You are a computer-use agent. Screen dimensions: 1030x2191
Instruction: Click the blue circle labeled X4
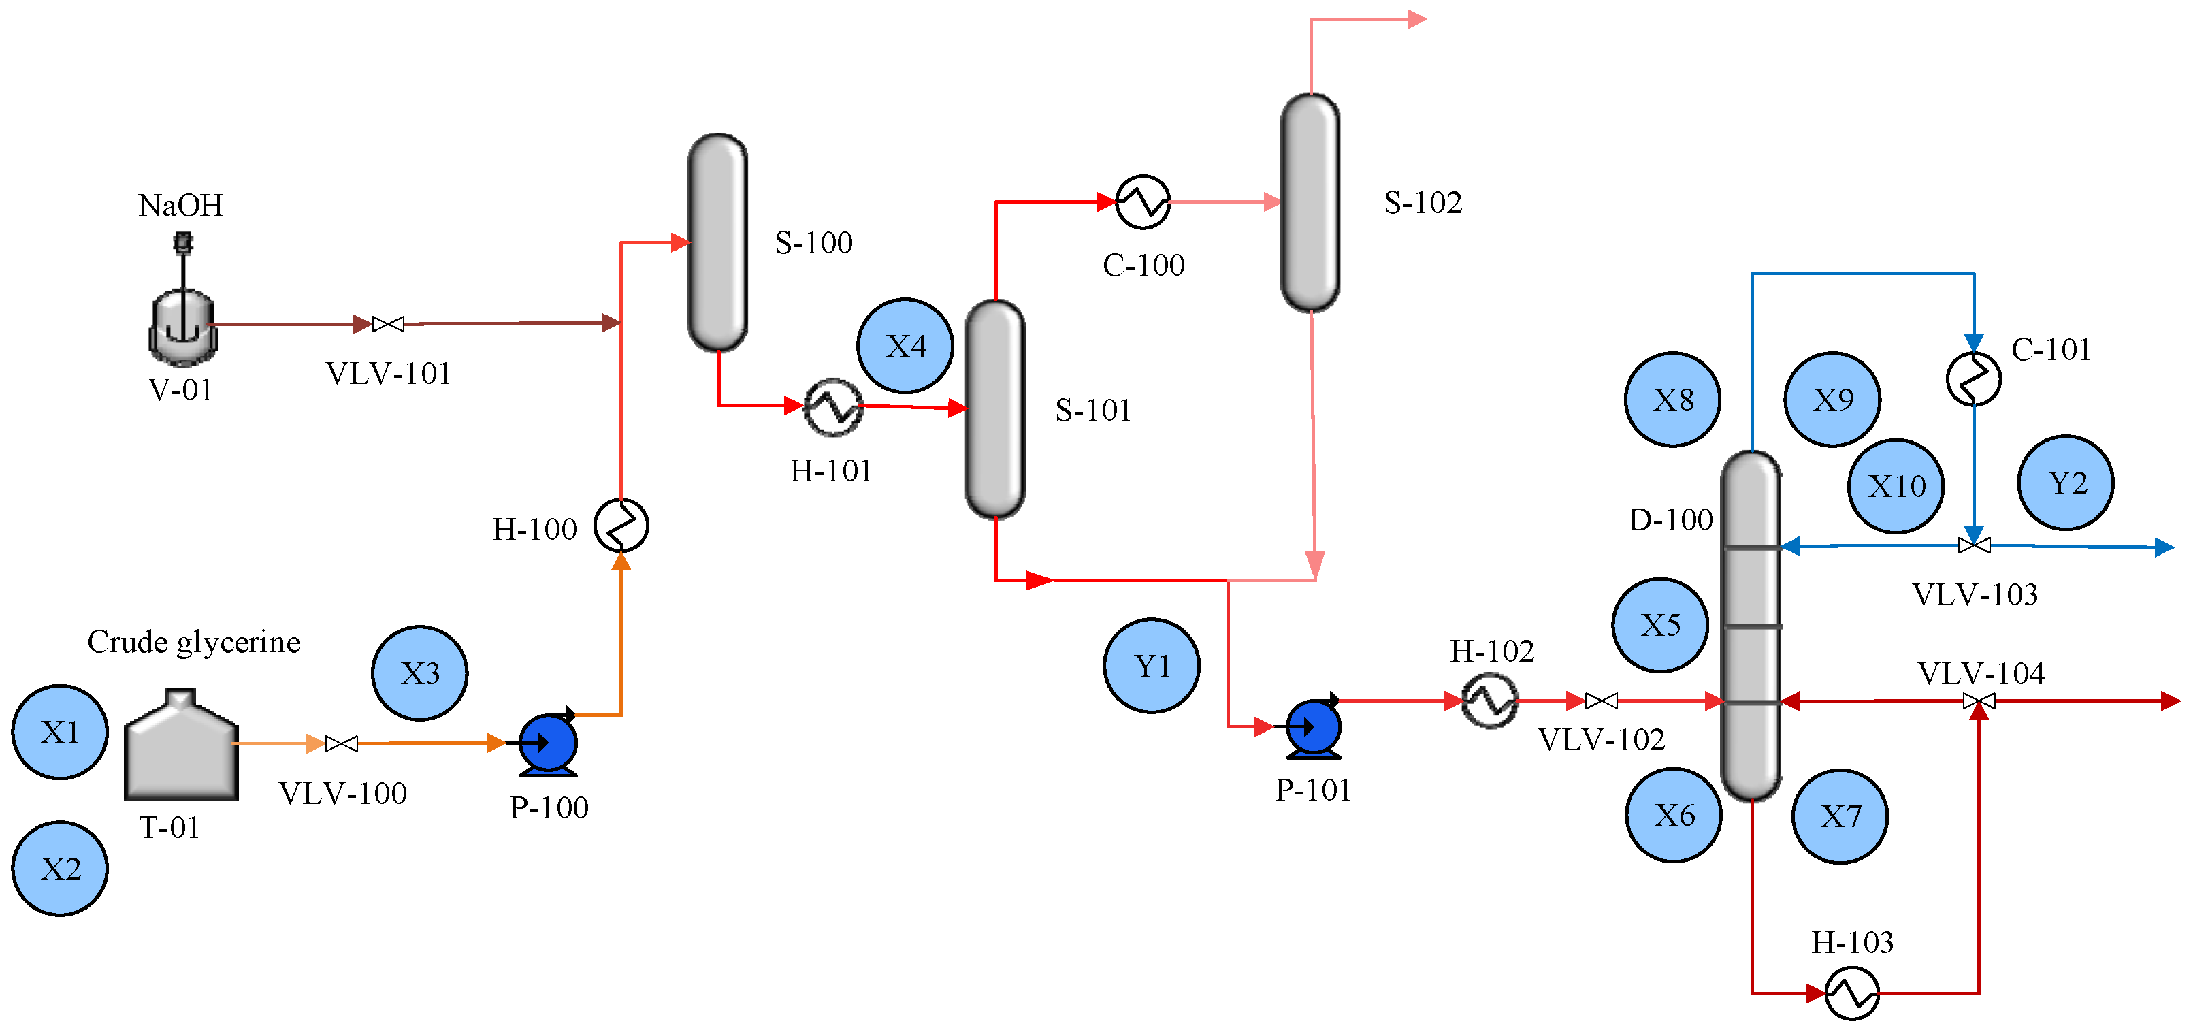(x=905, y=345)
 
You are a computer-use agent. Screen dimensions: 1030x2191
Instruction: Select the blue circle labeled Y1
(x=1152, y=665)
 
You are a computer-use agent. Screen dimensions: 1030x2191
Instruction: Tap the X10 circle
(x=1896, y=485)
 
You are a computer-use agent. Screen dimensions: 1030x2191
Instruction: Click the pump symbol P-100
(x=548, y=743)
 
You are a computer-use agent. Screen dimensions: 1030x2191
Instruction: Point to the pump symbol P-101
(x=1313, y=727)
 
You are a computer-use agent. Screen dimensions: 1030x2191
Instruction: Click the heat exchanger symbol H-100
(x=621, y=525)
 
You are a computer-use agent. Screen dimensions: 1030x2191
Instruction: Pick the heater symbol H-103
(x=1851, y=993)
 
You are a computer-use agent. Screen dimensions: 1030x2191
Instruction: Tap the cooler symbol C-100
(x=1142, y=202)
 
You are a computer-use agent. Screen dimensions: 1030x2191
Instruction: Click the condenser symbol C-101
(x=1973, y=379)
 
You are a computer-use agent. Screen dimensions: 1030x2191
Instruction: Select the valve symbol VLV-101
(x=388, y=324)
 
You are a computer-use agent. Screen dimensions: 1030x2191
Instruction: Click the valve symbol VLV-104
(x=1979, y=701)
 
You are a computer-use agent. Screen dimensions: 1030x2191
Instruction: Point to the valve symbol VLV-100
(x=341, y=743)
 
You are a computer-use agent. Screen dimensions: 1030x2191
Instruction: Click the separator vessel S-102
(x=1310, y=202)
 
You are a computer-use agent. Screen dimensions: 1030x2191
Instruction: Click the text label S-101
(x=1092, y=410)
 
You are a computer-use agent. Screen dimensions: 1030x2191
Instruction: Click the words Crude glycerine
(x=194, y=641)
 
